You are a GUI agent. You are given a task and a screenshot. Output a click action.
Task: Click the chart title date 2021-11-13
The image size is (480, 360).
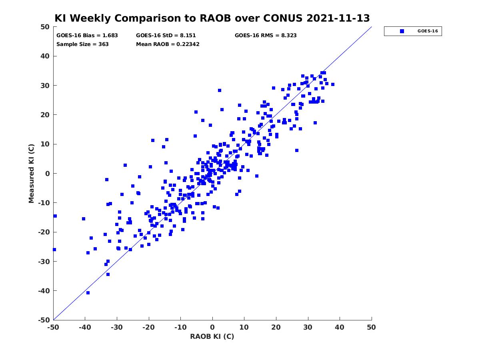coord(338,18)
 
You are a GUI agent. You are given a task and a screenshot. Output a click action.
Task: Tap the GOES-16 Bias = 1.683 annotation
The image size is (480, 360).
coord(87,36)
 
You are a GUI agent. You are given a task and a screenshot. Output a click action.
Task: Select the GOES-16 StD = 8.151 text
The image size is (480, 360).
coord(166,36)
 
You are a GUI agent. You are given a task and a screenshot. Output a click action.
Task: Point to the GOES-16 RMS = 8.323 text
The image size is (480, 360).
coord(266,36)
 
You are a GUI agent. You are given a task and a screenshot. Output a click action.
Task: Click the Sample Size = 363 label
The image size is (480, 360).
coord(82,44)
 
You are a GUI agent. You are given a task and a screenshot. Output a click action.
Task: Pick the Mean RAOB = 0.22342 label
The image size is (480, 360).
coord(168,44)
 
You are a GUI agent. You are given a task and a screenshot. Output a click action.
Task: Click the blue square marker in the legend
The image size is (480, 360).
coord(402,31)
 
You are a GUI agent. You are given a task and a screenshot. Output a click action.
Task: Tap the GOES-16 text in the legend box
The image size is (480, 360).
coord(428,31)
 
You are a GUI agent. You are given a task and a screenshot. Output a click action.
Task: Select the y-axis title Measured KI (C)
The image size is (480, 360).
coord(31,173)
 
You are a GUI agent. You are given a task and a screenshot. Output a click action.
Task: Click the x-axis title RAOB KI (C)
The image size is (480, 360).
coord(212,336)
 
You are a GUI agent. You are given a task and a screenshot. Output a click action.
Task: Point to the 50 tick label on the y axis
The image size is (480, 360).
coord(45,27)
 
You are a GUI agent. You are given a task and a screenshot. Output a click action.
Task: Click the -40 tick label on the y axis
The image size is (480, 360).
coord(44,291)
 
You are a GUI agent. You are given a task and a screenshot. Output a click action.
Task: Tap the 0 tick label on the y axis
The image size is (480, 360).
coord(48,174)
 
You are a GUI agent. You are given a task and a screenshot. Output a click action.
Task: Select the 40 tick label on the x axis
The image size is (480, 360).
coord(339,327)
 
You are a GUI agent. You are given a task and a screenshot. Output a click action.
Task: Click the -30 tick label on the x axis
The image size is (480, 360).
coord(116,327)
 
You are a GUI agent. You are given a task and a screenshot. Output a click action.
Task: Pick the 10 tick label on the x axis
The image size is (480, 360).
coord(244,327)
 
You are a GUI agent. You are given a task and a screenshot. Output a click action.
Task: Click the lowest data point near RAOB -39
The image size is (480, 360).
coord(88,293)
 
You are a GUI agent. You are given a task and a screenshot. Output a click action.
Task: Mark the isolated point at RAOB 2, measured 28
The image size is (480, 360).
coord(220,90)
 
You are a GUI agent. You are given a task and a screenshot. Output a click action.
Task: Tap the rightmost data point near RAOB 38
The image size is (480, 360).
coord(333,84)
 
